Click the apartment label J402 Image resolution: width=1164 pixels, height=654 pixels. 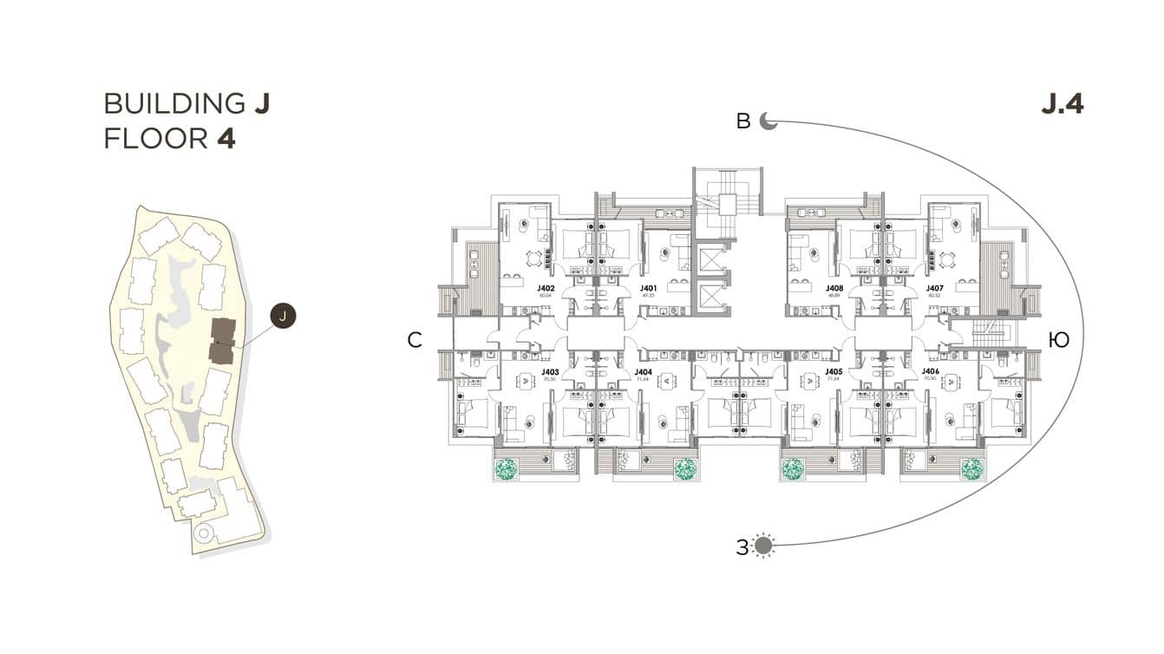[546, 288]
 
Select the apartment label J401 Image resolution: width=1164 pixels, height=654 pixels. [648, 288]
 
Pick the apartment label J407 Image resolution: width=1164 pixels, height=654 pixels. [934, 288]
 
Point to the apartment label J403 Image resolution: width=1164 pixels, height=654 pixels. [548, 371]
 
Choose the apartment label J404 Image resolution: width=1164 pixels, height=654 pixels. [644, 371]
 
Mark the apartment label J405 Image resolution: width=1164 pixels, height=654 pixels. [834, 371]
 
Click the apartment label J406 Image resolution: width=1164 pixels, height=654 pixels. [930, 371]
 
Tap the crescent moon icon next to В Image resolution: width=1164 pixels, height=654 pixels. [768, 121]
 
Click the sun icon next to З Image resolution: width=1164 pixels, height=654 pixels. [763, 546]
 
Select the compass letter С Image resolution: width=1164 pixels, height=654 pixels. [415, 341]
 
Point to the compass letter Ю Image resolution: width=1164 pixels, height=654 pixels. [1058, 341]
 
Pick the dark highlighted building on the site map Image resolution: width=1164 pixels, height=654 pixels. [222, 341]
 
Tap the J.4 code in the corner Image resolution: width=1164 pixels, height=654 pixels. [1062, 104]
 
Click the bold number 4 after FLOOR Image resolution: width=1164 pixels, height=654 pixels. [226, 139]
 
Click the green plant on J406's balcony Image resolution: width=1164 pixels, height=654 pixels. [972, 469]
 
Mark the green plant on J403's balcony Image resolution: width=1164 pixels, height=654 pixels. [506, 469]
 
